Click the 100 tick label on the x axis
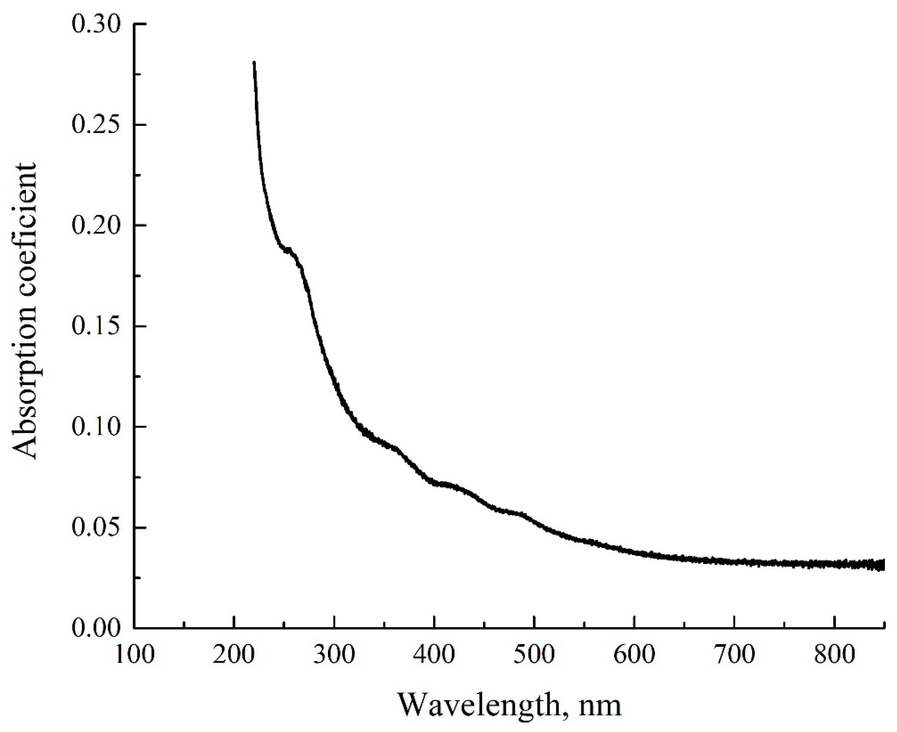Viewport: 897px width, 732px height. click(134, 655)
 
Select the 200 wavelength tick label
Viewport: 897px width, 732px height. click(234, 655)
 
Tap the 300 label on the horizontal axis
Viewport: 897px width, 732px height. click(334, 655)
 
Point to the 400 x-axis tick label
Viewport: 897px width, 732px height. click(434, 655)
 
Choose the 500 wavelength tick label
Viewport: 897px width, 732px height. click(534, 655)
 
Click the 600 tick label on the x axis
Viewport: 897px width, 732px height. click(634, 655)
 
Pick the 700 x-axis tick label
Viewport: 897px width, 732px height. click(734, 655)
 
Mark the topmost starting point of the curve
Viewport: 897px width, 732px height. click(254, 62)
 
